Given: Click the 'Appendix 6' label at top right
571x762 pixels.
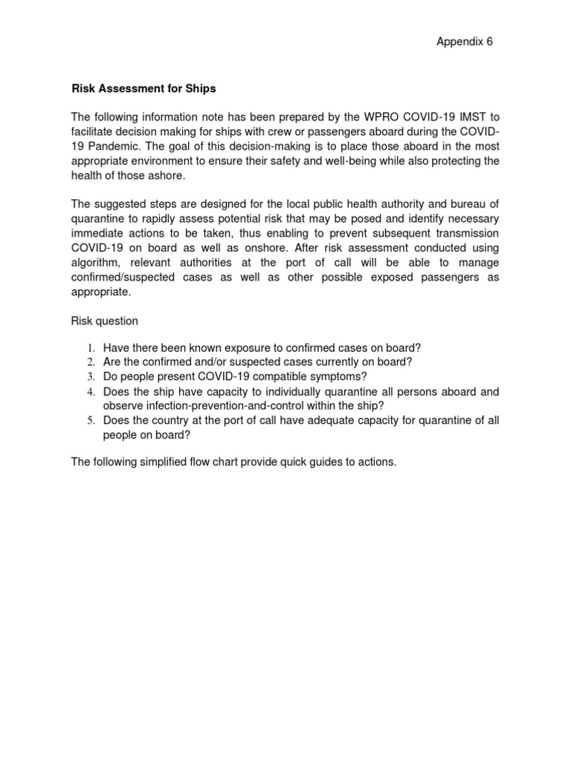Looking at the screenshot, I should coord(464,42).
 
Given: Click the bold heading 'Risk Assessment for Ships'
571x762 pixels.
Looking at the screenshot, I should coord(143,89).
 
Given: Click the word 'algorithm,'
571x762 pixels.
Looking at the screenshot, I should coord(97,263).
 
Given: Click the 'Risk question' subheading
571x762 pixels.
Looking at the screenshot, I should coord(104,321).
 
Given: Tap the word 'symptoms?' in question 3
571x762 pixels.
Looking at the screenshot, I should coord(341,377).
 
